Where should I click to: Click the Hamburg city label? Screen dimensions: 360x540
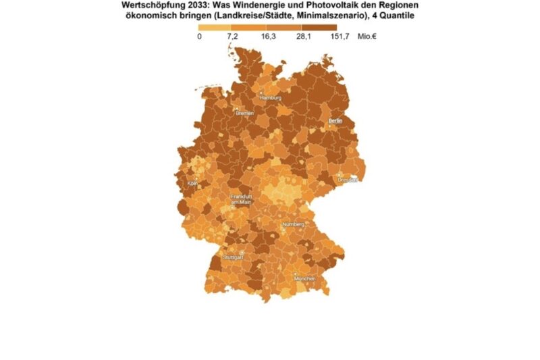[x=270, y=98]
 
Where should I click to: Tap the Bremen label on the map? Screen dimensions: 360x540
[x=244, y=113]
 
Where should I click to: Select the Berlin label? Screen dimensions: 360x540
[x=335, y=121]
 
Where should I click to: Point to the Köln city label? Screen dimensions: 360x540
[x=193, y=184]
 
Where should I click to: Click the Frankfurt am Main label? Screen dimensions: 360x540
[x=241, y=199]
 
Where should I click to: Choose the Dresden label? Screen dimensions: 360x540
[x=347, y=180]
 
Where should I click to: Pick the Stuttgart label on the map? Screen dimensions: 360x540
[x=233, y=257]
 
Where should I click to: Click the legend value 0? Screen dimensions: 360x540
[x=200, y=36]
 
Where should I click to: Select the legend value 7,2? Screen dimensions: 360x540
[x=233, y=36]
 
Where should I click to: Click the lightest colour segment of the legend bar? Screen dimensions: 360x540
[x=216, y=26]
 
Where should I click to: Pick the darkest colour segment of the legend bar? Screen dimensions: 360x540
[x=320, y=26]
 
